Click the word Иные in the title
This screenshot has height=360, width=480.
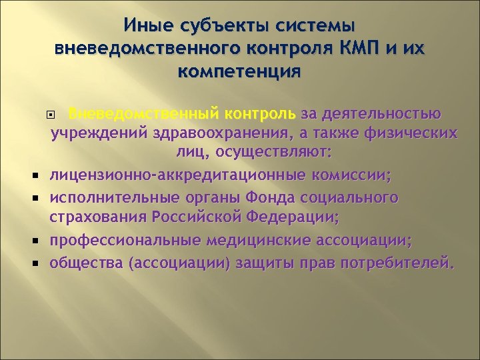click(x=146, y=26)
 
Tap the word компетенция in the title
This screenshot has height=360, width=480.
click(x=240, y=70)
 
